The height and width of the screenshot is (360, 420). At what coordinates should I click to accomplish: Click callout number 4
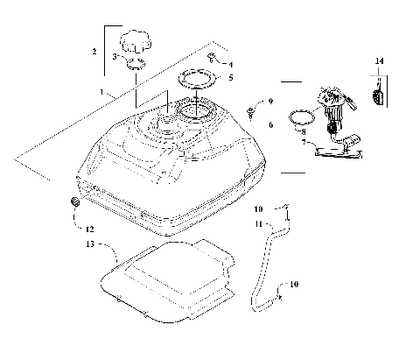[x=231, y=64]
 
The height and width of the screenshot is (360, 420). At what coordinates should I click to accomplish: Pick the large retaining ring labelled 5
[x=198, y=83]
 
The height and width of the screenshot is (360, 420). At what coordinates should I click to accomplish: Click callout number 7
[x=303, y=141]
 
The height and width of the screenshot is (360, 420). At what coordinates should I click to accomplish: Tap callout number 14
[x=379, y=60]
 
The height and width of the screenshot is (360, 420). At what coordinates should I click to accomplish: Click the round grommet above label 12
[x=74, y=204]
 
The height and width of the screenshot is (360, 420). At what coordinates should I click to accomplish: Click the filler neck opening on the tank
[x=166, y=121]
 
